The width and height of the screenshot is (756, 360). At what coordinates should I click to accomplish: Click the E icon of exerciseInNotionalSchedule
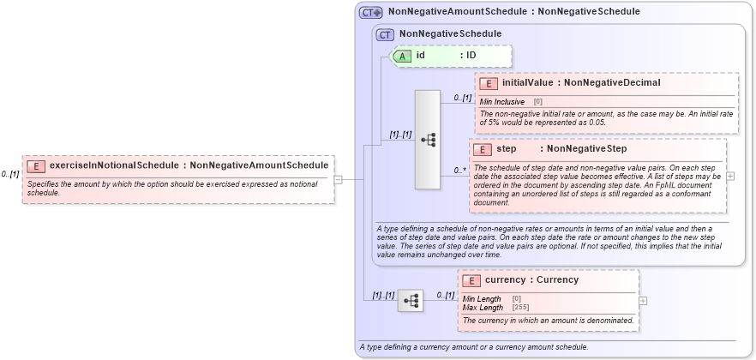(x=36, y=165)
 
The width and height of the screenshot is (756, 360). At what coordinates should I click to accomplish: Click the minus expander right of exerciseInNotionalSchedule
(x=339, y=180)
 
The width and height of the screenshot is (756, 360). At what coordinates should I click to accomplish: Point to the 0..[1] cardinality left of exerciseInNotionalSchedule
(x=10, y=174)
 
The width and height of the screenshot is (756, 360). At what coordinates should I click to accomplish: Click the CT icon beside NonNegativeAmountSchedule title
(x=370, y=12)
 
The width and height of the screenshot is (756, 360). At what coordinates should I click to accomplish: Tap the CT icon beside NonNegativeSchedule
(x=385, y=33)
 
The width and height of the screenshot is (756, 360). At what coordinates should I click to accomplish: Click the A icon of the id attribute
(x=403, y=56)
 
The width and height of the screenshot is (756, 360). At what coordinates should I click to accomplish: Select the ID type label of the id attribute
(x=471, y=56)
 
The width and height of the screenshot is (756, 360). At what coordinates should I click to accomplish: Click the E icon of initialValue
(x=488, y=83)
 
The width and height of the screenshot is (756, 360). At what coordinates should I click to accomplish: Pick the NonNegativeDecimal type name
(x=612, y=83)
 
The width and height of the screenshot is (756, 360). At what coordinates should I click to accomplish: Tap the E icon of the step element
(x=482, y=149)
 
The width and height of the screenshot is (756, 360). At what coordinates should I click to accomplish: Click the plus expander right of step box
(x=730, y=176)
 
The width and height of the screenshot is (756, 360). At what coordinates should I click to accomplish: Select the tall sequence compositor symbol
(x=427, y=139)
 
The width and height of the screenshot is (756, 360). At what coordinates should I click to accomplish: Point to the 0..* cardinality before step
(x=459, y=171)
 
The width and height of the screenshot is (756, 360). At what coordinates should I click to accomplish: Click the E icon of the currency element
(x=471, y=280)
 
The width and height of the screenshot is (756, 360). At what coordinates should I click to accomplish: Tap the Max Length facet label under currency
(x=483, y=307)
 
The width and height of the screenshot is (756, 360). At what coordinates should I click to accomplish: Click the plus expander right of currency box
(x=643, y=301)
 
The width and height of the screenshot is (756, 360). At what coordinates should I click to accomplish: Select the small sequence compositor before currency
(x=411, y=301)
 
